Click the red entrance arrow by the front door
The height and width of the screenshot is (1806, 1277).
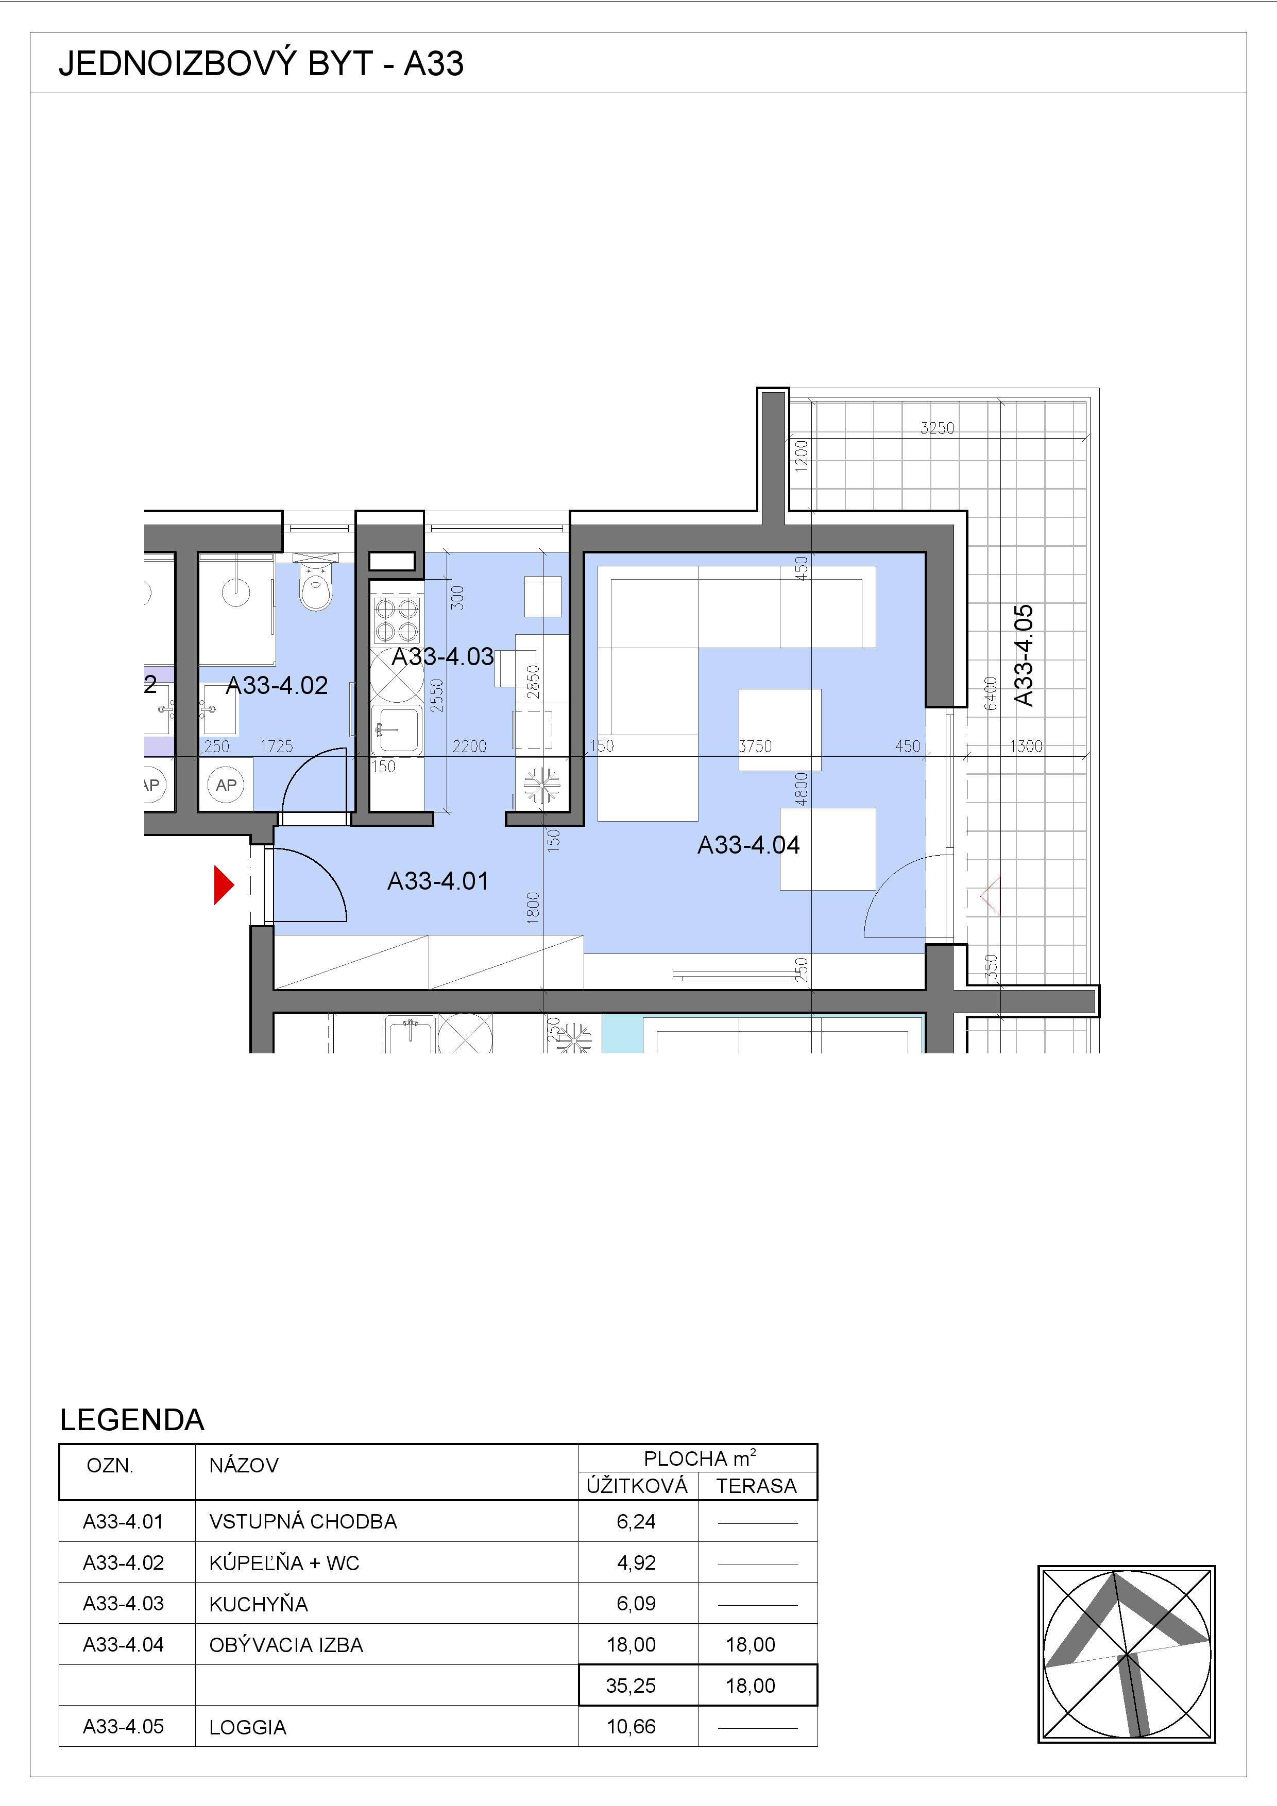click(224, 885)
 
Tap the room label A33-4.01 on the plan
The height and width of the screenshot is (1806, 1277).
click(438, 881)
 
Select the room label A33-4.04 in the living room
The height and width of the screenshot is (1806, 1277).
click(748, 845)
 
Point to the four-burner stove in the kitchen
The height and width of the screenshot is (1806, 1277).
click(397, 620)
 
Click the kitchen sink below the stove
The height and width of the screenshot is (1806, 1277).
click(397, 729)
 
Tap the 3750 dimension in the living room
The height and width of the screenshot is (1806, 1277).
click(755, 745)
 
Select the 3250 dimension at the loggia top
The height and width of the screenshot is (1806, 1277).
click(937, 428)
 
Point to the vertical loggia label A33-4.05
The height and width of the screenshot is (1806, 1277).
click(1023, 655)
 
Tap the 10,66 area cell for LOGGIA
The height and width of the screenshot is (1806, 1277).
click(631, 1727)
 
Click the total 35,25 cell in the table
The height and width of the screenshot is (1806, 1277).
click(631, 1686)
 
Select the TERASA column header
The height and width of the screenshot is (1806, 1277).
click(756, 1486)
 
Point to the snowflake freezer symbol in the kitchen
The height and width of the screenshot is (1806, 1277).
click(542, 785)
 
